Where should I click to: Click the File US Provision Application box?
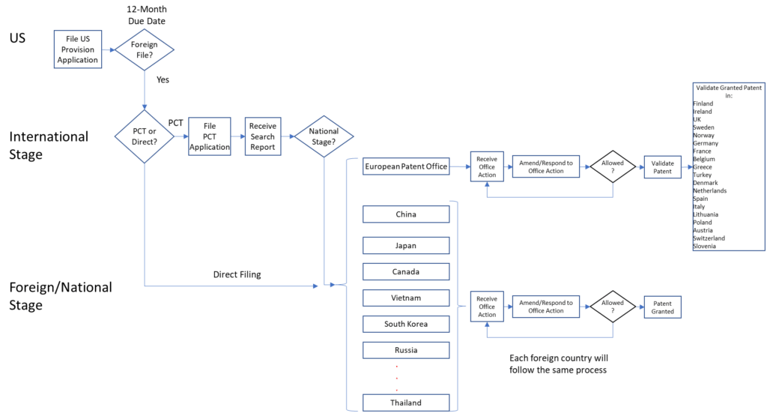(78, 49)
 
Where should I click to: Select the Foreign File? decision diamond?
(145, 50)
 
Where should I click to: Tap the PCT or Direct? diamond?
(145, 136)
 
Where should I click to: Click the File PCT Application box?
(210, 136)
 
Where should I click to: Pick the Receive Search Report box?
(263, 136)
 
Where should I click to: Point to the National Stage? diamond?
(324, 136)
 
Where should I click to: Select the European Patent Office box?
(406, 166)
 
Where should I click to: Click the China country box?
(406, 214)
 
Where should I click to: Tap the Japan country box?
(406, 246)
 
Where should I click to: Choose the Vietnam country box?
(406, 298)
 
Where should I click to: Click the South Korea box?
(406, 324)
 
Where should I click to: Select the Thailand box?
(406, 403)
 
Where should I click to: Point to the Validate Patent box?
(662, 167)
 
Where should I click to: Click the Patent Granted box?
(662, 307)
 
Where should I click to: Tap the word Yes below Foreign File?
(163, 79)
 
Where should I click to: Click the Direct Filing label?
(237, 274)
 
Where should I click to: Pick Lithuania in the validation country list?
(706, 214)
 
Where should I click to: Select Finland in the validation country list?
(703, 103)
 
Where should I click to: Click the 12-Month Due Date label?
(147, 15)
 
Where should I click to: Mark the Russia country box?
(406, 350)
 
